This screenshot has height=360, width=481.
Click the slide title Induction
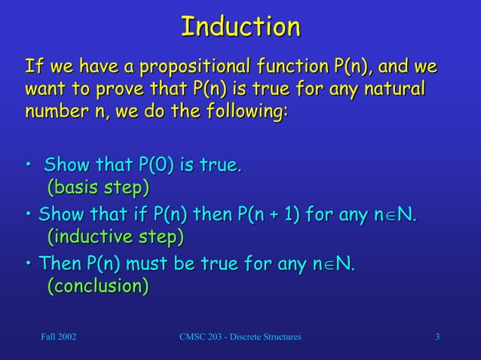click(240, 27)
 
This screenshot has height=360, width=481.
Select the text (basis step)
click(98, 186)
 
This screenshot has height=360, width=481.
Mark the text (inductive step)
click(115, 237)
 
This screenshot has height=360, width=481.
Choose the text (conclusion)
click(98, 287)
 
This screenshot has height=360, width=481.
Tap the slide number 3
click(438, 335)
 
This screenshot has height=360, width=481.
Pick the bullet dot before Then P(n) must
click(29, 266)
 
